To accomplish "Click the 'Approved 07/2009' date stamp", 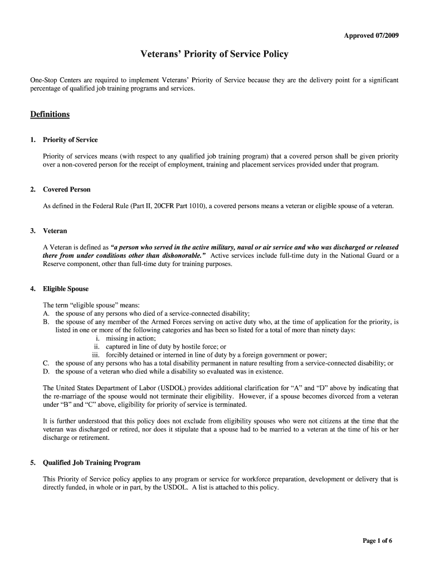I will pos(371,36).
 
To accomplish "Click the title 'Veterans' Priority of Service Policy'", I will pos(214,55).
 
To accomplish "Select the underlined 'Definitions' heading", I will pos(50,114).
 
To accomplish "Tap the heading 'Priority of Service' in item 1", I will pos(70,140).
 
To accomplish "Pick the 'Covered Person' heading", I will pos(67,189).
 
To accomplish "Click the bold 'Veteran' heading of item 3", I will pos(55,230).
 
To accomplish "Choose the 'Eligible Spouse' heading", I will pos(66,289).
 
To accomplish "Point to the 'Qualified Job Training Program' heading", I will pos(92,463).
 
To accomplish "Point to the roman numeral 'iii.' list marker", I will pos(96,355).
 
